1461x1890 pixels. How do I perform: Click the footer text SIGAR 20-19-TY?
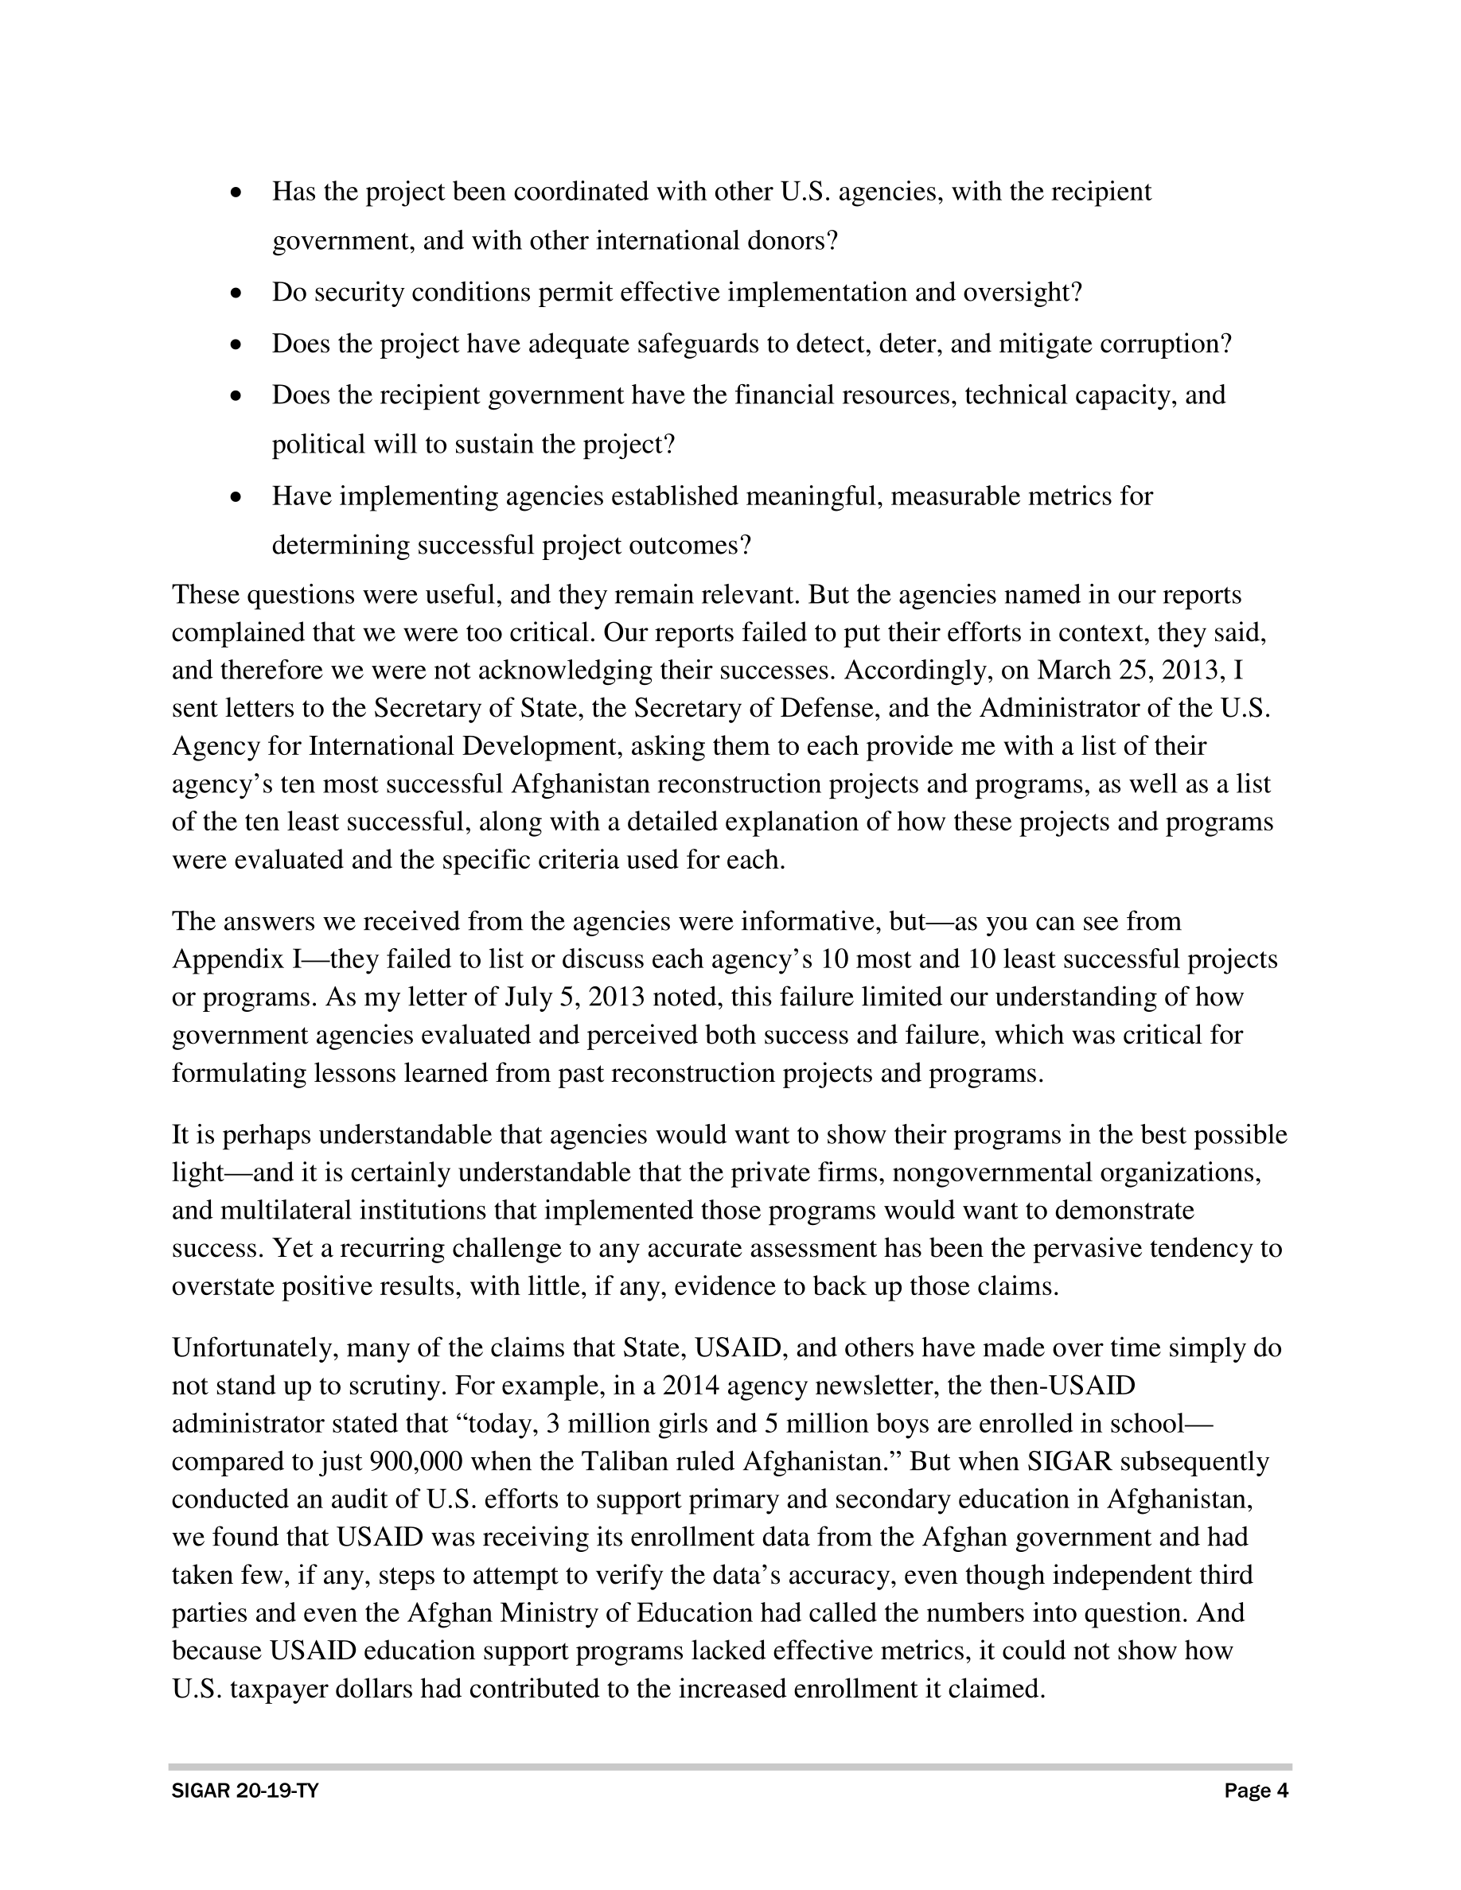[x=245, y=1791]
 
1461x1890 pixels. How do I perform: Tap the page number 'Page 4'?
[x=1256, y=1791]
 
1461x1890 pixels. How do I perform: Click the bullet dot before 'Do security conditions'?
[x=236, y=294]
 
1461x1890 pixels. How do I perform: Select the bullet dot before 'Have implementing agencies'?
[x=236, y=499]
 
